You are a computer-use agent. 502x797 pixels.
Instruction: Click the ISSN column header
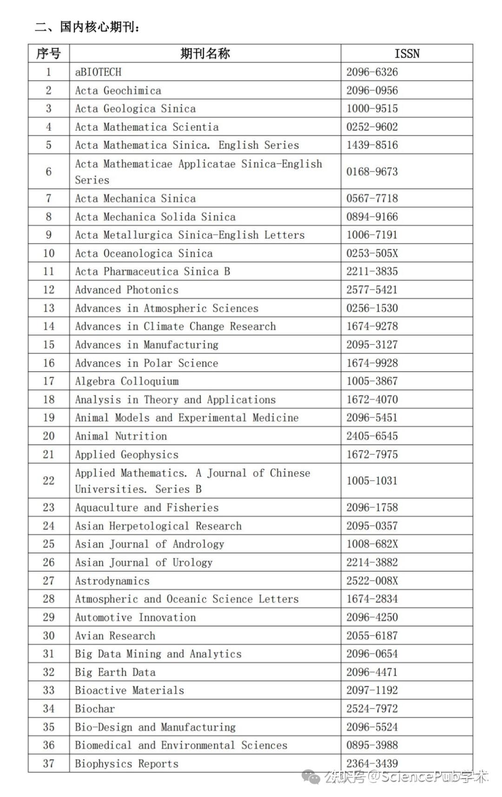(407, 54)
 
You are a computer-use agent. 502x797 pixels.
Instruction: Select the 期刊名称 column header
(205, 54)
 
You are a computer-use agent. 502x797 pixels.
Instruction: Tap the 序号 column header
(48, 54)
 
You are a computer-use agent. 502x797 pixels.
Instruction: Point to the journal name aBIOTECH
(98, 72)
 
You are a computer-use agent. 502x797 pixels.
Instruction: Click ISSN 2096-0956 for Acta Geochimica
(372, 90)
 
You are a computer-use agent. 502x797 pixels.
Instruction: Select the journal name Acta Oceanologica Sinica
(144, 254)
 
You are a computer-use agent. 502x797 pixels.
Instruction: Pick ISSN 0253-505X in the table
(372, 254)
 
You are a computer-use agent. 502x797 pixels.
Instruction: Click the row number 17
(48, 381)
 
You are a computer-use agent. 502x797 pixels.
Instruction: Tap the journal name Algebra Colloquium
(126, 381)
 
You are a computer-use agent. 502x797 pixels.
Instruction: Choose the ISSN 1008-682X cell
(372, 544)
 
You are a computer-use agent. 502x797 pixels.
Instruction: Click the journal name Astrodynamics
(112, 581)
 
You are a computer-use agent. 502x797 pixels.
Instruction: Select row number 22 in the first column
(48, 481)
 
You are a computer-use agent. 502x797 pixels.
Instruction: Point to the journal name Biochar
(95, 709)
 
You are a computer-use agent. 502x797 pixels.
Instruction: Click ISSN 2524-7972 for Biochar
(372, 709)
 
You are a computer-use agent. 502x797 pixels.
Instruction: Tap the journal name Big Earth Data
(115, 672)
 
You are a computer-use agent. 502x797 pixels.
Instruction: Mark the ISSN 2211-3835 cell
(372, 272)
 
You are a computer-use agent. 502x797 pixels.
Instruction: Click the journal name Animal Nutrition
(121, 436)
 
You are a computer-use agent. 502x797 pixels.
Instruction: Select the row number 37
(48, 764)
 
